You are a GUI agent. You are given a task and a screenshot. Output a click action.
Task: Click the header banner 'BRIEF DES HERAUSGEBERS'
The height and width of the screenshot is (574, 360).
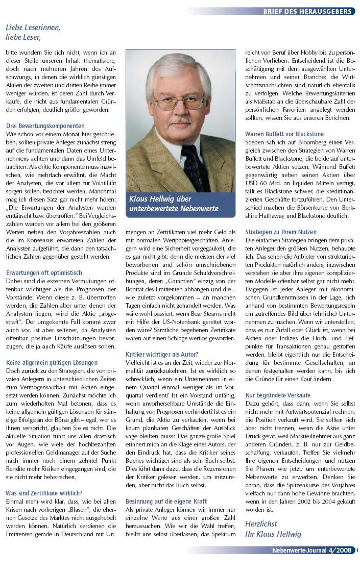tap(308, 11)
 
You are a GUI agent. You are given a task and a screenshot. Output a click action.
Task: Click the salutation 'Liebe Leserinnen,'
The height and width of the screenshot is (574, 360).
tap(33, 28)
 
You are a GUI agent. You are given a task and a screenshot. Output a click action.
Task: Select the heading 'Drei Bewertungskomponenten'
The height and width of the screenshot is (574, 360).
tap(45, 126)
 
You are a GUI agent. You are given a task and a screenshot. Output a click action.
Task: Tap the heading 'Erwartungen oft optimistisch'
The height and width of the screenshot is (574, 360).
tap(44, 273)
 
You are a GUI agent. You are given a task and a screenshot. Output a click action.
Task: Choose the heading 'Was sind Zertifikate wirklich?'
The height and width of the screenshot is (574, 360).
tap(44, 493)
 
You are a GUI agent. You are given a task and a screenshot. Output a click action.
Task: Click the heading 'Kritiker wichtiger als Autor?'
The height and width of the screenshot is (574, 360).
tap(162, 354)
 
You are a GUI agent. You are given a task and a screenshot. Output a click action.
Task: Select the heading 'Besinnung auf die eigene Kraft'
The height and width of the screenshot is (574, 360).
tap(166, 502)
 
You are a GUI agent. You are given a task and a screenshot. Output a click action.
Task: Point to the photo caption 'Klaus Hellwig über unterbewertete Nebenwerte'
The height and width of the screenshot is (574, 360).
tap(174, 204)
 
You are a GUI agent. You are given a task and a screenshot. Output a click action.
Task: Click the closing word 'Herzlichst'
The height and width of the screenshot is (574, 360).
tap(261, 524)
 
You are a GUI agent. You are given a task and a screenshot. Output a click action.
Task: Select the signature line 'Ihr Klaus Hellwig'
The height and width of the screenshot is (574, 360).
tap(273, 534)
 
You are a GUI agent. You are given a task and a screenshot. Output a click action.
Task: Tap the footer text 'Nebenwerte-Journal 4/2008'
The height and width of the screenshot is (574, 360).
tap(312, 551)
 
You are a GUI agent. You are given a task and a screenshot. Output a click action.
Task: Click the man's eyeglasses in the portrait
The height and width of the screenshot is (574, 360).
tap(178, 101)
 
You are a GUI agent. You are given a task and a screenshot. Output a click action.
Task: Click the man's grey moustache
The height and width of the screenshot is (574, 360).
tap(181, 120)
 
